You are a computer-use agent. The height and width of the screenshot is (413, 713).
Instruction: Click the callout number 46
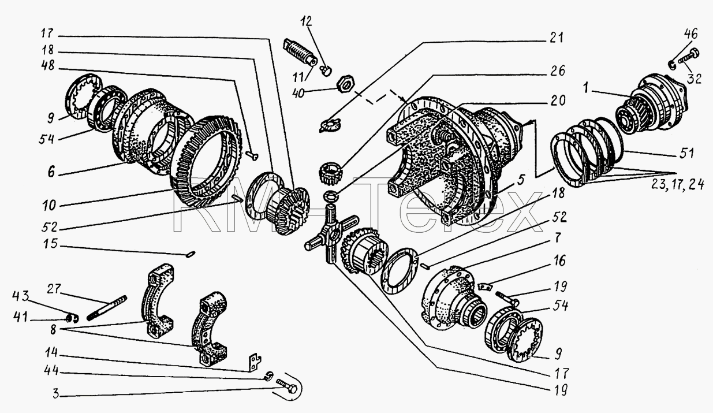coord(690,34)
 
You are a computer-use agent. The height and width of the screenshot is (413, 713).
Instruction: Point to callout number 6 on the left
coord(51,173)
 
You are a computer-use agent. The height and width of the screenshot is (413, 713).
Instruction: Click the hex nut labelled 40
coord(345,84)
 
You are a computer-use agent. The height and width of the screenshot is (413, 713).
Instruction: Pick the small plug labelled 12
coord(327,70)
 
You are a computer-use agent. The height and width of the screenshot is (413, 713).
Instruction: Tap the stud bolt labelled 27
coord(107,308)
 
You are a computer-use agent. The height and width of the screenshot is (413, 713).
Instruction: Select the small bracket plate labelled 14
coord(255,362)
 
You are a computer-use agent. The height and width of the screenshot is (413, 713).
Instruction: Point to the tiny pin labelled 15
coord(191,254)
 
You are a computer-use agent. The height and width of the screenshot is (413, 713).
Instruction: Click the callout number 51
coord(686,153)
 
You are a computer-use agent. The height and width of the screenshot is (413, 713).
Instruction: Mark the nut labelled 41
coord(69,318)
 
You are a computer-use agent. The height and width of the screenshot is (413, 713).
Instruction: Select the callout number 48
coord(48,66)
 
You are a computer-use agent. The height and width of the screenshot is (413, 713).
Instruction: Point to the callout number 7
coord(558,238)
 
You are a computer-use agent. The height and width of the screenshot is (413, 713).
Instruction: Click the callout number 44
coord(51,371)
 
